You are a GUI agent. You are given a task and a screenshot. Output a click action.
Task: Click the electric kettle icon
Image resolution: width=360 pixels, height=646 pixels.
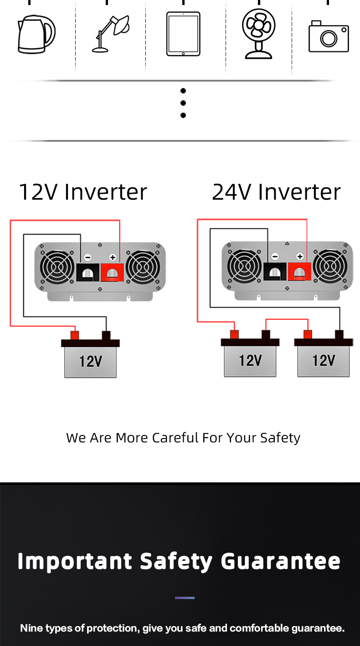36,35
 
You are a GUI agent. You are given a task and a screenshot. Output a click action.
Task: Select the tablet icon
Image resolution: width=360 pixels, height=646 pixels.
183,34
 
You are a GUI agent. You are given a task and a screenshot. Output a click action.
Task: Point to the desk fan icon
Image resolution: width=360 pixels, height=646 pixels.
258,34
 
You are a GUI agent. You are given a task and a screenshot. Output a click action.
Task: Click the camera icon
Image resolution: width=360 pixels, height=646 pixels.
329,36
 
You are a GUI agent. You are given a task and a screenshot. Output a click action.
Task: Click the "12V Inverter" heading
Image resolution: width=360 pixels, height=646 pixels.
83,191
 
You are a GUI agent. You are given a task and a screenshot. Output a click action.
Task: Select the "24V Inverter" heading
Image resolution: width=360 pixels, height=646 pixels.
276,191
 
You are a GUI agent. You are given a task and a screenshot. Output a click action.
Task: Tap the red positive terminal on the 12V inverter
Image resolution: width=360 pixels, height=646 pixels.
112,272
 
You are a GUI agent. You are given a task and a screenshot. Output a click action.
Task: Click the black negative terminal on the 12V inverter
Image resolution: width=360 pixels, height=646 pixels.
87,272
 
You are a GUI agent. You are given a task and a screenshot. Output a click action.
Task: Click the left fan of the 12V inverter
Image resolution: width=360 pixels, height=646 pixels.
57,267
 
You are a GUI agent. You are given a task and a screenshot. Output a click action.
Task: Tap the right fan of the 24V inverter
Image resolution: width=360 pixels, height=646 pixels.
330,266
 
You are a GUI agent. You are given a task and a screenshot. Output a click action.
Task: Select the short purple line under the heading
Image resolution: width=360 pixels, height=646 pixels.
185,598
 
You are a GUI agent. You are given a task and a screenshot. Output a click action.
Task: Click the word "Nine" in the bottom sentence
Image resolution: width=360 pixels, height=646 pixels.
31,628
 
